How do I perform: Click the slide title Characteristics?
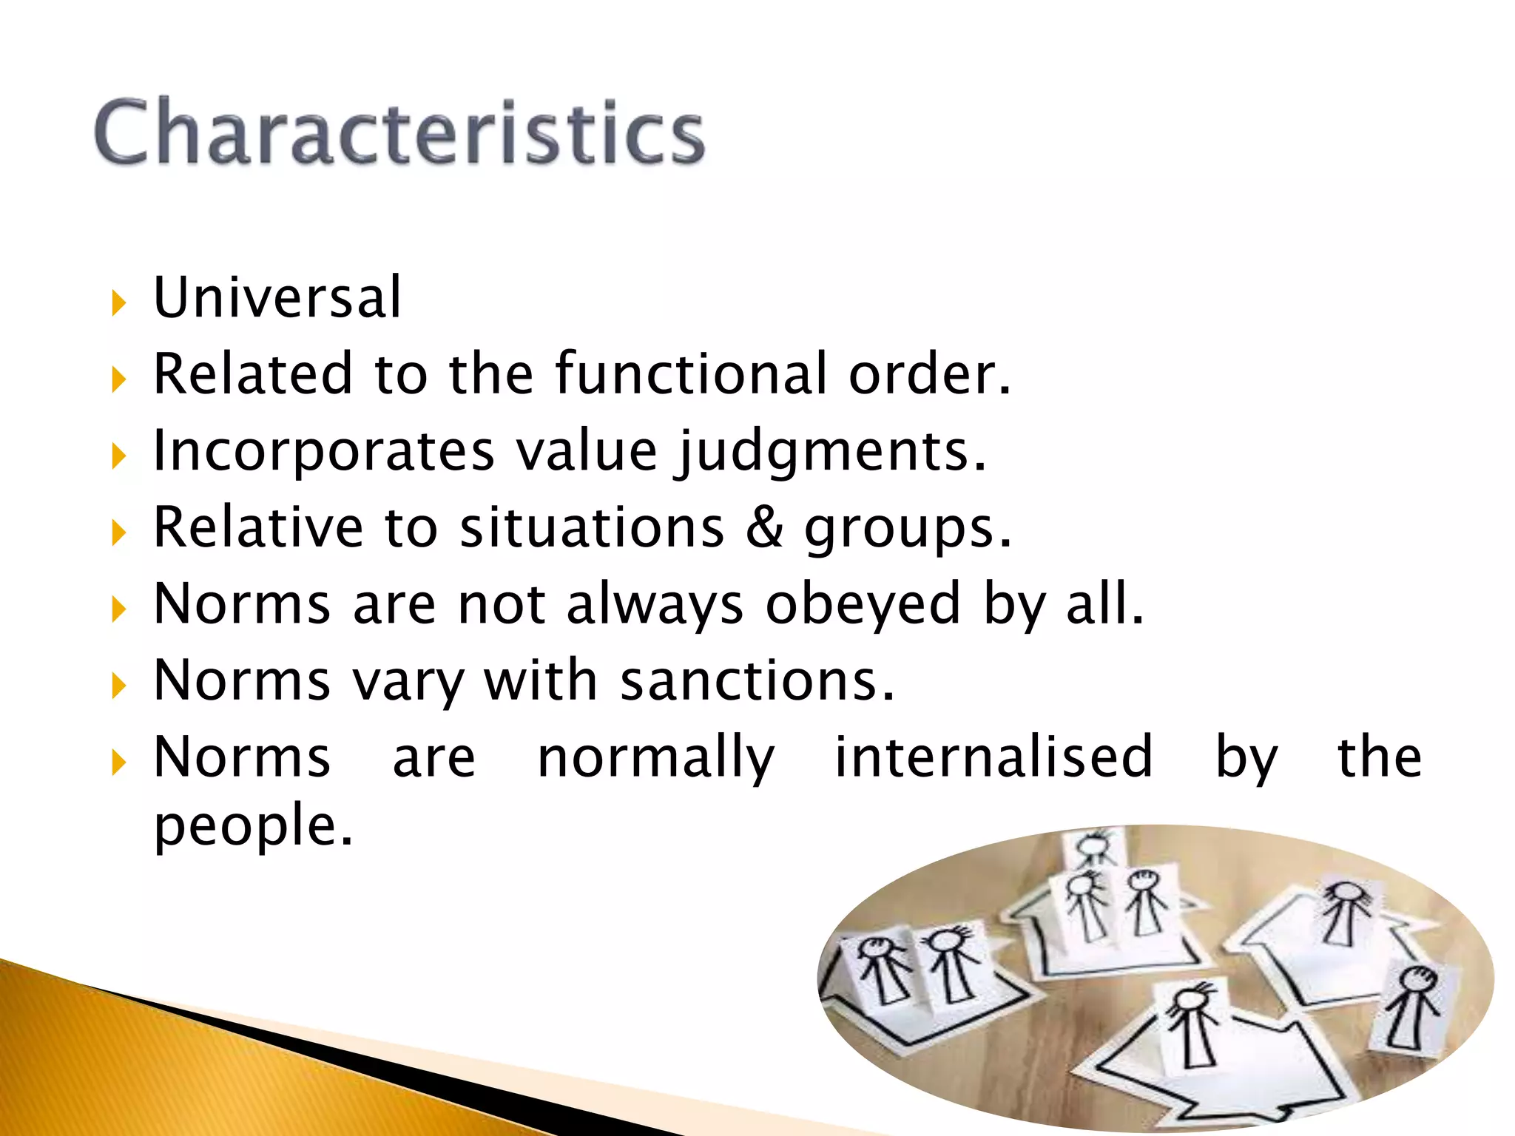[x=399, y=133]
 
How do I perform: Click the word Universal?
[x=277, y=297]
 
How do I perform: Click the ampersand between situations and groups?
[x=763, y=527]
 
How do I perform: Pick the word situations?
[x=592, y=527]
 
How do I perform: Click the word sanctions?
[x=757, y=680]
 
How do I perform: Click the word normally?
[x=656, y=758]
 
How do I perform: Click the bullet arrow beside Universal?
[x=118, y=303]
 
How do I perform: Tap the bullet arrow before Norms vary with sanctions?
[x=118, y=686]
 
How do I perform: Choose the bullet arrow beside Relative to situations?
[x=118, y=532]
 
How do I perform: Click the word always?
[x=655, y=604]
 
